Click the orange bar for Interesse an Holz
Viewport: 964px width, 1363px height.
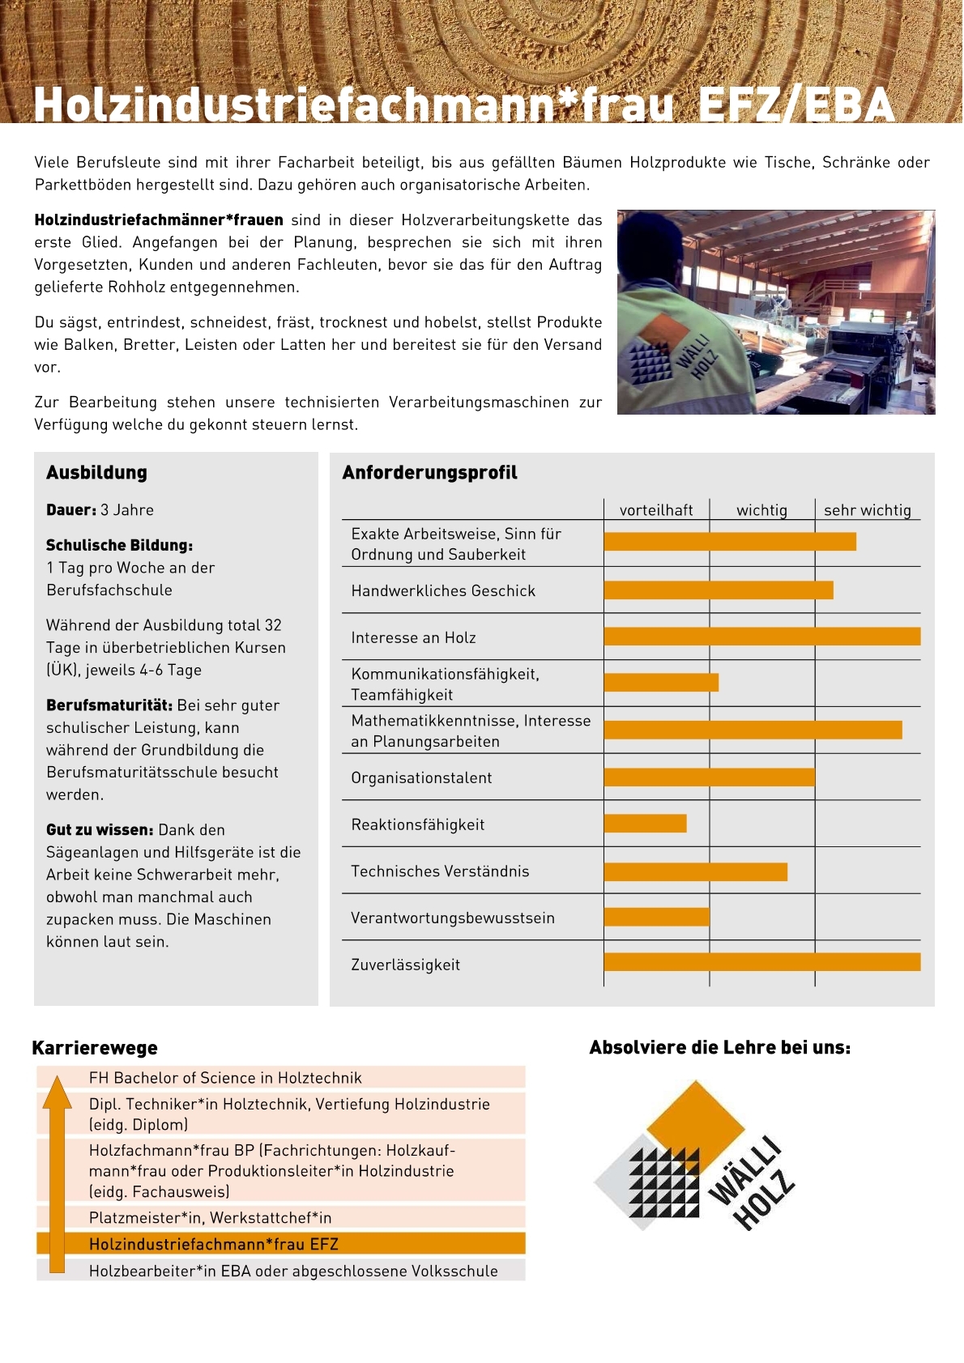click(x=761, y=637)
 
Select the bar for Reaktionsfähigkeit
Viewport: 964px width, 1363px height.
click(x=645, y=824)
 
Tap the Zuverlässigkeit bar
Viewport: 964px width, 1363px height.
click(x=761, y=962)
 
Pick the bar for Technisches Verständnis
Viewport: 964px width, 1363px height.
click(x=695, y=871)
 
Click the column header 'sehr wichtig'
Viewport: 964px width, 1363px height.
click(x=867, y=510)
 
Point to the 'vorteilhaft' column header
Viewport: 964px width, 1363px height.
click(x=656, y=510)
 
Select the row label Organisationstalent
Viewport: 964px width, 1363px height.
click(x=421, y=778)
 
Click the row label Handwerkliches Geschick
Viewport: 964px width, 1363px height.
click(x=443, y=591)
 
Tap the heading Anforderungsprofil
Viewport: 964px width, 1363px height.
click(x=429, y=473)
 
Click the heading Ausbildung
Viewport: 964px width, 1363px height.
click(x=96, y=473)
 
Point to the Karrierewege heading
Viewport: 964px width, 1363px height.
click(x=95, y=1048)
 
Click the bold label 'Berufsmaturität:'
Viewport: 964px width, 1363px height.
click(x=109, y=705)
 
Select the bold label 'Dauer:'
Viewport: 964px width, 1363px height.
click(x=71, y=510)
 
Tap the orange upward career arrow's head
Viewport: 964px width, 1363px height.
click(x=57, y=1091)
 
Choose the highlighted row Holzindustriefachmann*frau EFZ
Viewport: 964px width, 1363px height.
click(x=214, y=1244)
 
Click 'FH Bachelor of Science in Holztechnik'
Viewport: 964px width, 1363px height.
click(x=225, y=1078)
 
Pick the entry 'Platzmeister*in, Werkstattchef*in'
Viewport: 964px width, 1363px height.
click(x=210, y=1218)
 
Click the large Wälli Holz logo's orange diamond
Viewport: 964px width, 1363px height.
click(x=696, y=1122)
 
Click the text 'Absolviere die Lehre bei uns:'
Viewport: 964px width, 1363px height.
click(x=719, y=1048)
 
